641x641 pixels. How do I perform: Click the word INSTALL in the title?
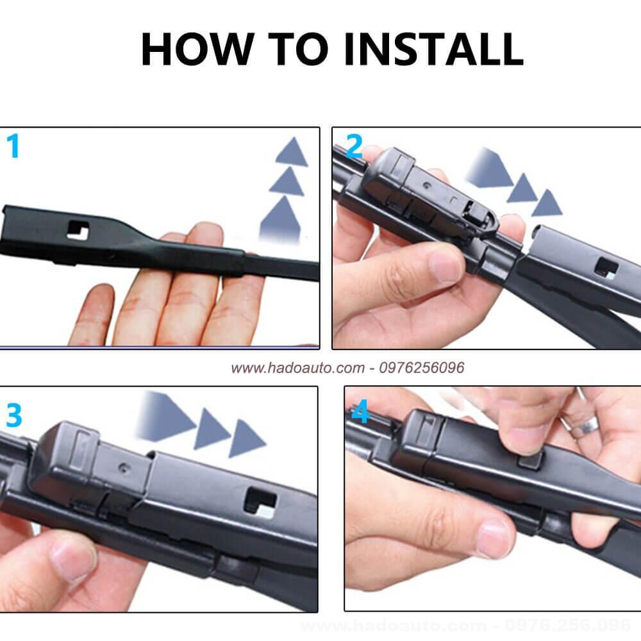point(433,49)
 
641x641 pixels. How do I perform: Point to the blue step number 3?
point(14,415)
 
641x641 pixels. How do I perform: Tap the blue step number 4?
point(360,412)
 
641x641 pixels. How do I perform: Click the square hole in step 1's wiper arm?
point(78,230)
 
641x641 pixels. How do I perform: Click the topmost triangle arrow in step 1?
point(292,152)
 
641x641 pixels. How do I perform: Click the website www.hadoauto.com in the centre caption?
point(297,368)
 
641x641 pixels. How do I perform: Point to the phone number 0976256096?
point(422,368)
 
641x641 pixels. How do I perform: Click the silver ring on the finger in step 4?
point(585,426)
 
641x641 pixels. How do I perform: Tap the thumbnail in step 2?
point(445,267)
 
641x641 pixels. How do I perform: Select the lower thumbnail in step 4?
point(494,539)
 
